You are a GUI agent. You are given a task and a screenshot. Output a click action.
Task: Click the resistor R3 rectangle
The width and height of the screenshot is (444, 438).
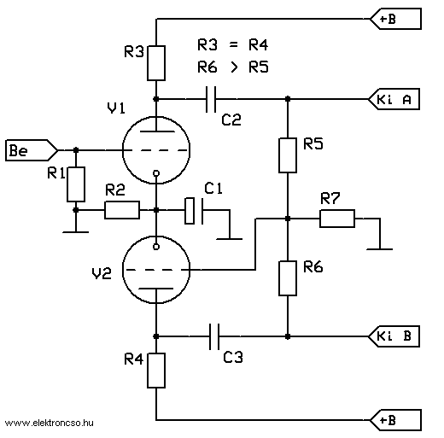[156, 63]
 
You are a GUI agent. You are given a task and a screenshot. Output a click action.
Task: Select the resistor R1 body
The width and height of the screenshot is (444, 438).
[76, 184]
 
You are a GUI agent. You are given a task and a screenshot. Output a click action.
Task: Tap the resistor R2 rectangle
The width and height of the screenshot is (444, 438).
[122, 210]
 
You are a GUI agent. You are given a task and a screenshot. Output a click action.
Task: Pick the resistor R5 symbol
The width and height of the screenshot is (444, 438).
[288, 155]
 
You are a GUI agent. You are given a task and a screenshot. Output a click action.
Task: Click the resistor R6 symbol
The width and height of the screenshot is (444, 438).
[288, 278]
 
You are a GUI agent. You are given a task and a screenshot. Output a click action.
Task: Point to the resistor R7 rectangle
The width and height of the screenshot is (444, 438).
[337, 219]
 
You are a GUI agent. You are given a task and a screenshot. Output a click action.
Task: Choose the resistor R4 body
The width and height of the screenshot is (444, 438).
[156, 371]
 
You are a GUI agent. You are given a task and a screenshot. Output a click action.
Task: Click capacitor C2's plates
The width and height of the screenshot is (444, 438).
[211, 99]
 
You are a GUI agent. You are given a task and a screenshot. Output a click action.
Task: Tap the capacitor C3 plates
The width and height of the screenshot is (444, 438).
[214, 336]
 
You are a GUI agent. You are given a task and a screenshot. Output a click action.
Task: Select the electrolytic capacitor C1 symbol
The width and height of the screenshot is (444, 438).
[194, 211]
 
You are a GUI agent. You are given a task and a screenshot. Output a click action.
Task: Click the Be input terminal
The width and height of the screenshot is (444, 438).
[32, 150]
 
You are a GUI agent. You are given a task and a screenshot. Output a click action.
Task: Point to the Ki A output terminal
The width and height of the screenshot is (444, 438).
[394, 99]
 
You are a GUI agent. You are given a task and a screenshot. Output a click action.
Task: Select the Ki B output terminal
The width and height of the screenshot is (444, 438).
[394, 336]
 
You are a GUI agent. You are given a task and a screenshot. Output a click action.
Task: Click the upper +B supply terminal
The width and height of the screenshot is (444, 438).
[395, 19]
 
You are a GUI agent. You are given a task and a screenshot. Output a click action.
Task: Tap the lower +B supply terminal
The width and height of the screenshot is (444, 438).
[395, 420]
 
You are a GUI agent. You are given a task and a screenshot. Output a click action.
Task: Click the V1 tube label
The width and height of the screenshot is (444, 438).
[116, 108]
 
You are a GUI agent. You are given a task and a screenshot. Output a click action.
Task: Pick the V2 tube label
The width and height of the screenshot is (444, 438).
[102, 273]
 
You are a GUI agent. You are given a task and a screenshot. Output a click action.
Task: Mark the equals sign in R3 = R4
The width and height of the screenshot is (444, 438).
[233, 44]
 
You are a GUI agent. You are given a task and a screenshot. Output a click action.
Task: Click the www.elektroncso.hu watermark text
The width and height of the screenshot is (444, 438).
[49, 423]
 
